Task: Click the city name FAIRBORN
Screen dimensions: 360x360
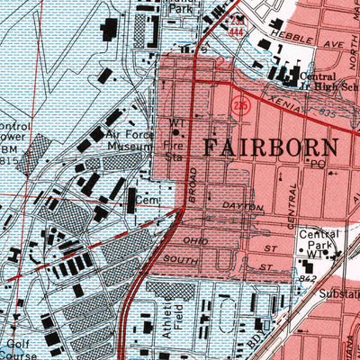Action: (269, 147)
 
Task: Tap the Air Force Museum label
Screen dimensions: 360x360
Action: (130, 135)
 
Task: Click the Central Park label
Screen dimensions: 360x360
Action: (319, 238)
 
